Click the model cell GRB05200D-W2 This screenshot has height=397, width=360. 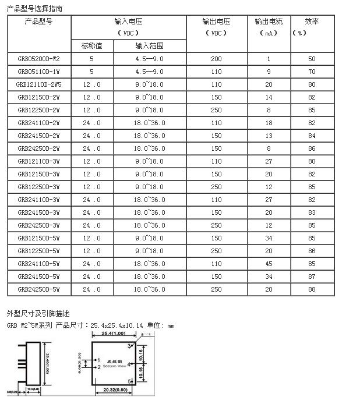[38, 59]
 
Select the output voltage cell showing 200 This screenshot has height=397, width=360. [216, 59]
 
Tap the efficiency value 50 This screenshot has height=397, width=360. [312, 59]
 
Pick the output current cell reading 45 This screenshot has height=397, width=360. [269, 263]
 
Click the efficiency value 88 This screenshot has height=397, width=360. [312, 289]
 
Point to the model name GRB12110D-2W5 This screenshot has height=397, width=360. [38, 84]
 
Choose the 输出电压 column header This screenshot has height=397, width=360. [216, 22]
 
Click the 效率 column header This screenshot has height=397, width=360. [312, 22]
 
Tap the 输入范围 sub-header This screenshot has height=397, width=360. [150, 46]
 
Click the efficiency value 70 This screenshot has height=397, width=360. [312, 72]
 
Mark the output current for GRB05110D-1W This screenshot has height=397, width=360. [269, 72]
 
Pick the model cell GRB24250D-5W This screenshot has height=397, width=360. [38, 289]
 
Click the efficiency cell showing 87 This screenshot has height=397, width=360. [312, 276]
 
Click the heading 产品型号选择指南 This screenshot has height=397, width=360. [34, 7]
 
